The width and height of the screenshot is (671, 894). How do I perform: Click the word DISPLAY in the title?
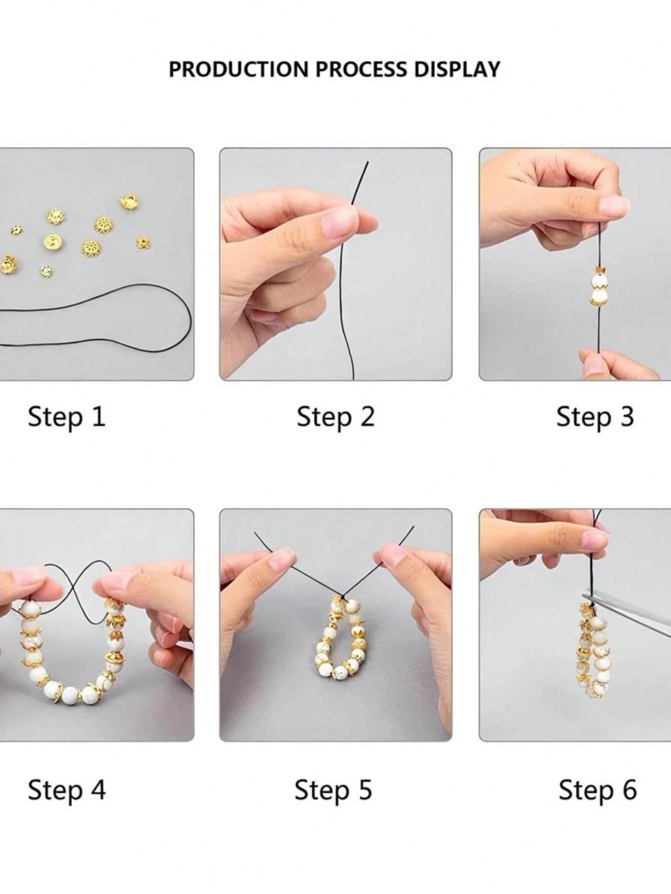[457, 69]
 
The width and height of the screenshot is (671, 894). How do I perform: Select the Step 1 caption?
[67, 417]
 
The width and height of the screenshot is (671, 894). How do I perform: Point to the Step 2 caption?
[335, 417]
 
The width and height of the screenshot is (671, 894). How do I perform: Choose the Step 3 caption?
[595, 417]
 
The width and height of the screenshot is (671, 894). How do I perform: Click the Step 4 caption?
[67, 790]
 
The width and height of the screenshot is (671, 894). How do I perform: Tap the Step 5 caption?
[333, 790]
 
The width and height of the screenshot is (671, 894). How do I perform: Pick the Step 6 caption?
[598, 790]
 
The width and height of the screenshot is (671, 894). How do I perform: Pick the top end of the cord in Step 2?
[368, 162]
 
